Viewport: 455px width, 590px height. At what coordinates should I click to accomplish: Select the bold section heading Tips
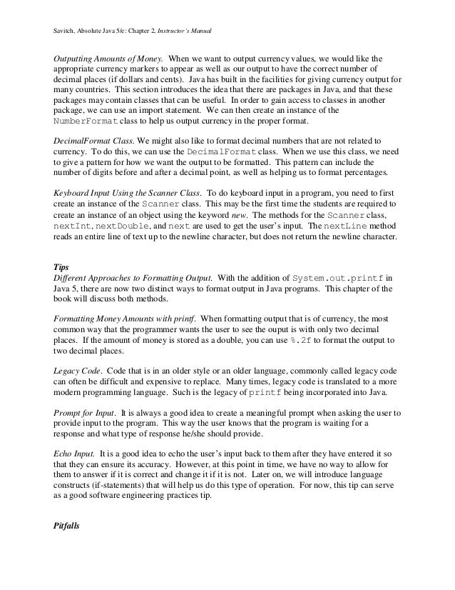(x=62, y=267)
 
